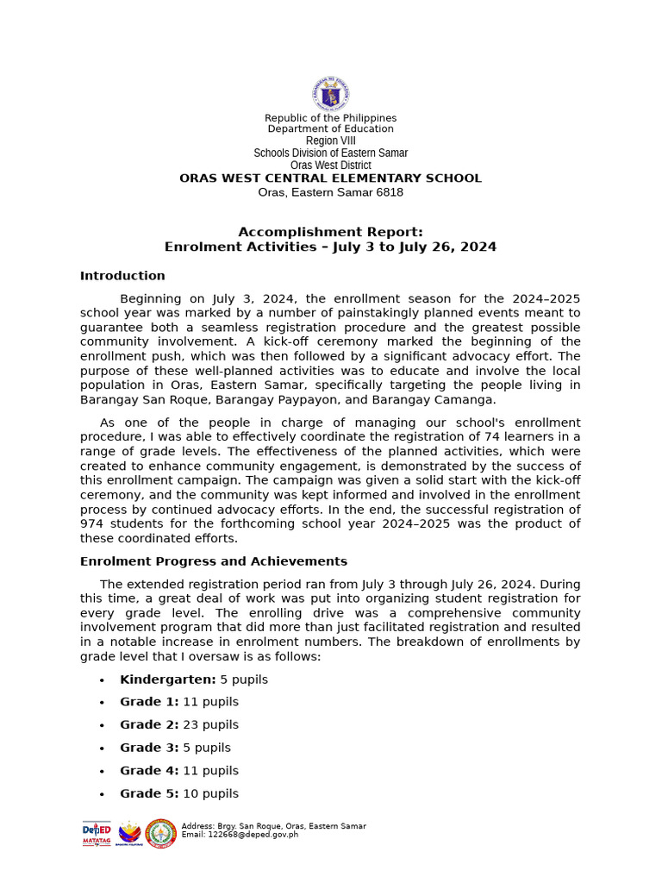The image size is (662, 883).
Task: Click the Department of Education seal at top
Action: click(330, 93)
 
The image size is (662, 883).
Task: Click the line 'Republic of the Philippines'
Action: click(330, 118)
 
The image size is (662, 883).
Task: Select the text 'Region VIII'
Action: click(330, 141)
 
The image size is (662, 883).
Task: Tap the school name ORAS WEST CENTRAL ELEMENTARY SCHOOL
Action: click(330, 178)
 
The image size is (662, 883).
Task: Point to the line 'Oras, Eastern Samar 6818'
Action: click(330, 192)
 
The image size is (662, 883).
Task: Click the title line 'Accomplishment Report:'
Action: click(330, 232)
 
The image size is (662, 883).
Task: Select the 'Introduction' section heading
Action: click(122, 276)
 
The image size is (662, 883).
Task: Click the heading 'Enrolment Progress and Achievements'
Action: click(214, 561)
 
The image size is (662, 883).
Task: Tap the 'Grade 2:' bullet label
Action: click(149, 725)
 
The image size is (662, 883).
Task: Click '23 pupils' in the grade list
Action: click(211, 725)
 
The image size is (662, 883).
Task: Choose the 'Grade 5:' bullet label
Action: click(149, 793)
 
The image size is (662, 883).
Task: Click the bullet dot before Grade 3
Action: click(102, 748)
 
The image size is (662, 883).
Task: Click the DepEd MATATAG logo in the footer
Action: click(97, 833)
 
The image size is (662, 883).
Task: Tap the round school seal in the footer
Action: click(161, 833)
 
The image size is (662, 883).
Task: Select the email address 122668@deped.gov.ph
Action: click(240, 835)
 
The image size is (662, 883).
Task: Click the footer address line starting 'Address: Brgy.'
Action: click(273, 826)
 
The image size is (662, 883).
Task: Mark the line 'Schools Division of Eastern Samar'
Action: click(330, 153)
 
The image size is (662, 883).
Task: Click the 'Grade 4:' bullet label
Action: click(149, 771)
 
